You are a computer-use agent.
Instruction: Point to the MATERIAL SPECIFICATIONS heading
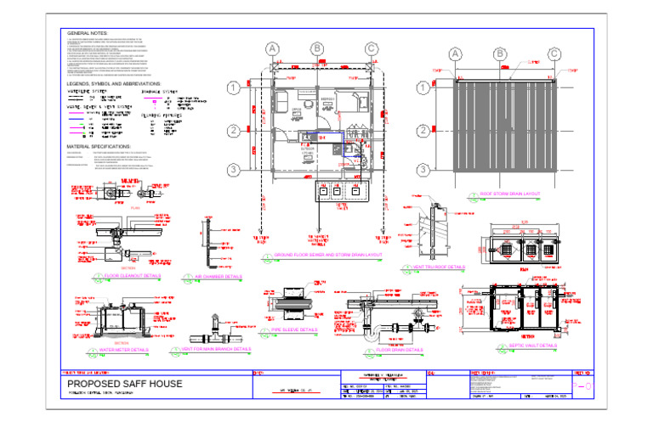point(98,146)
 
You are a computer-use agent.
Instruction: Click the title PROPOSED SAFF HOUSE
point(124,385)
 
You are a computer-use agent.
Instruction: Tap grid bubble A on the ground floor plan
point(271,49)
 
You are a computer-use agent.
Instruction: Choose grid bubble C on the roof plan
point(554,54)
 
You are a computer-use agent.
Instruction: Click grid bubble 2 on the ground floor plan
point(232,132)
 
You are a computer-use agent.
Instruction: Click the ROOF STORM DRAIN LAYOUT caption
point(510,194)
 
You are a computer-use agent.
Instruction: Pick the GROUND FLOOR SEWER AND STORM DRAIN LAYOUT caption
point(328,254)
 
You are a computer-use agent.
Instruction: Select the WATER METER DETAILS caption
point(123,349)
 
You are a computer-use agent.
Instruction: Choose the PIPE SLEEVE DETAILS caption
point(297,329)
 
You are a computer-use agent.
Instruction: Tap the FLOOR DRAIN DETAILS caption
point(399,349)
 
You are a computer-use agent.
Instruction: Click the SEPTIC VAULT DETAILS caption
point(533,346)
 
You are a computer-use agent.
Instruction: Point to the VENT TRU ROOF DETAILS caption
point(439,267)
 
